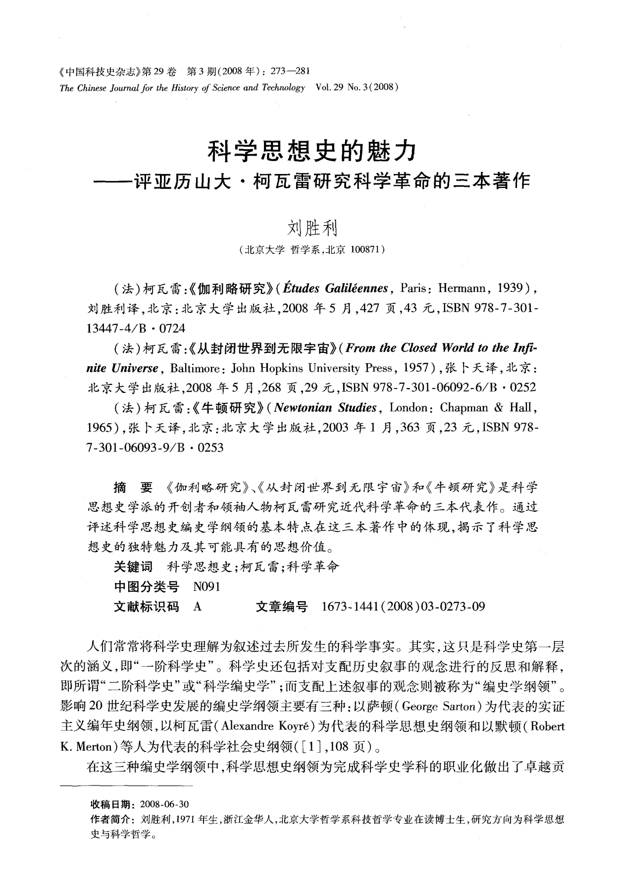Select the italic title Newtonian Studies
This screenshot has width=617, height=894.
click(x=325, y=408)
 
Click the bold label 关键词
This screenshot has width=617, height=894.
click(x=133, y=566)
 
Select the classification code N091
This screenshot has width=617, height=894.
click(x=206, y=587)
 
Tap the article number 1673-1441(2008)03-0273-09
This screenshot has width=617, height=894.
click(x=403, y=607)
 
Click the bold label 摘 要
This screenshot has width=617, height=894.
click(x=133, y=488)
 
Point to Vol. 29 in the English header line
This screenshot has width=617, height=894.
click(x=329, y=88)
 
